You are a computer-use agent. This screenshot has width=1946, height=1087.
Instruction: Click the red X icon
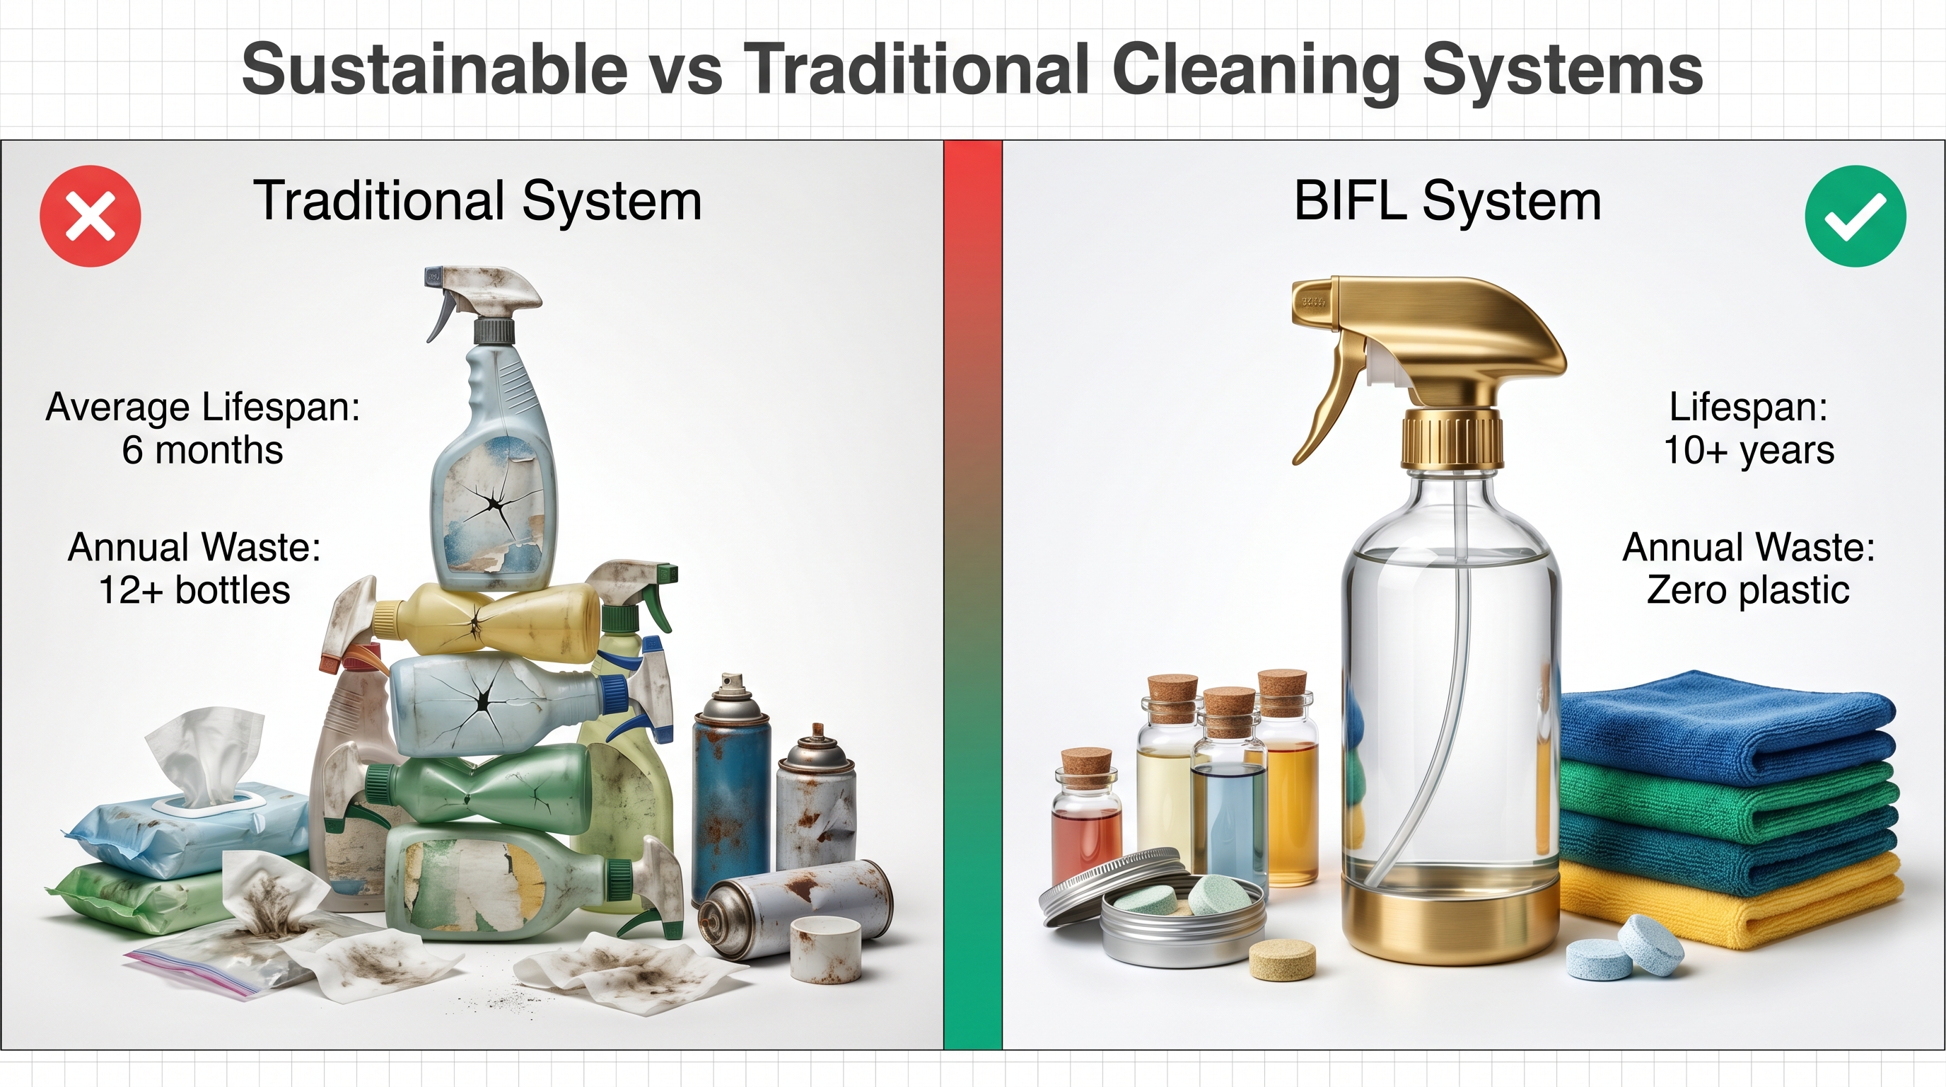coord(90,215)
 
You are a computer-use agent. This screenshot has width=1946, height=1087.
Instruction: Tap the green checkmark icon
coord(1855,215)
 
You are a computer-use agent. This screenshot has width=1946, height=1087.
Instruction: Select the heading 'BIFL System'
coord(1447,201)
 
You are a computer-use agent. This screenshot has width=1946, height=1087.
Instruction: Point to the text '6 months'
coord(202,450)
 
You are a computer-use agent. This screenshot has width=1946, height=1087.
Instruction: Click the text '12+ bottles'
coord(194,590)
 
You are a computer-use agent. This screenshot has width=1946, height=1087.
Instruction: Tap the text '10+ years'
coord(1749,451)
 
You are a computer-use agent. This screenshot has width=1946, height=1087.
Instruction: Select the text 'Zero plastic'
coord(1748,590)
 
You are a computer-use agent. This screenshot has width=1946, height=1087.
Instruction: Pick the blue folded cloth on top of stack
coord(1726,725)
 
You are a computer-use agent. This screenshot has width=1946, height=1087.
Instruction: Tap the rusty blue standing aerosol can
coord(731,790)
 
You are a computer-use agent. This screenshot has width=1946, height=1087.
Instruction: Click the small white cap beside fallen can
coord(826,949)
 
